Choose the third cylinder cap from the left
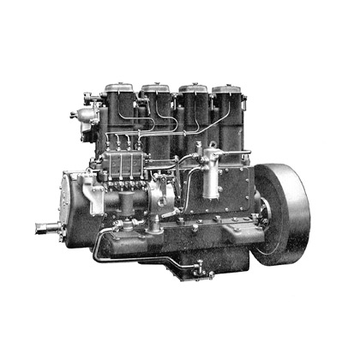click(x=192, y=88)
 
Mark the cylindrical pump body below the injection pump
click(x=129, y=206)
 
